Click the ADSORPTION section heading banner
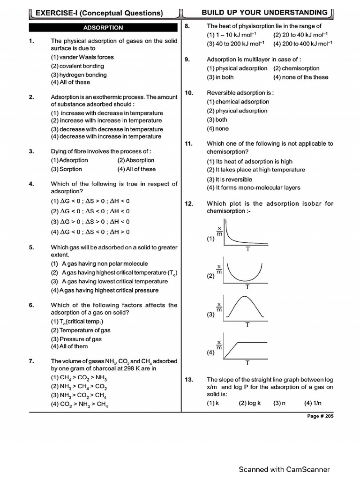[103, 28]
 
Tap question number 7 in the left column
[32, 361]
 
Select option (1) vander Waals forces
[82, 57]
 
